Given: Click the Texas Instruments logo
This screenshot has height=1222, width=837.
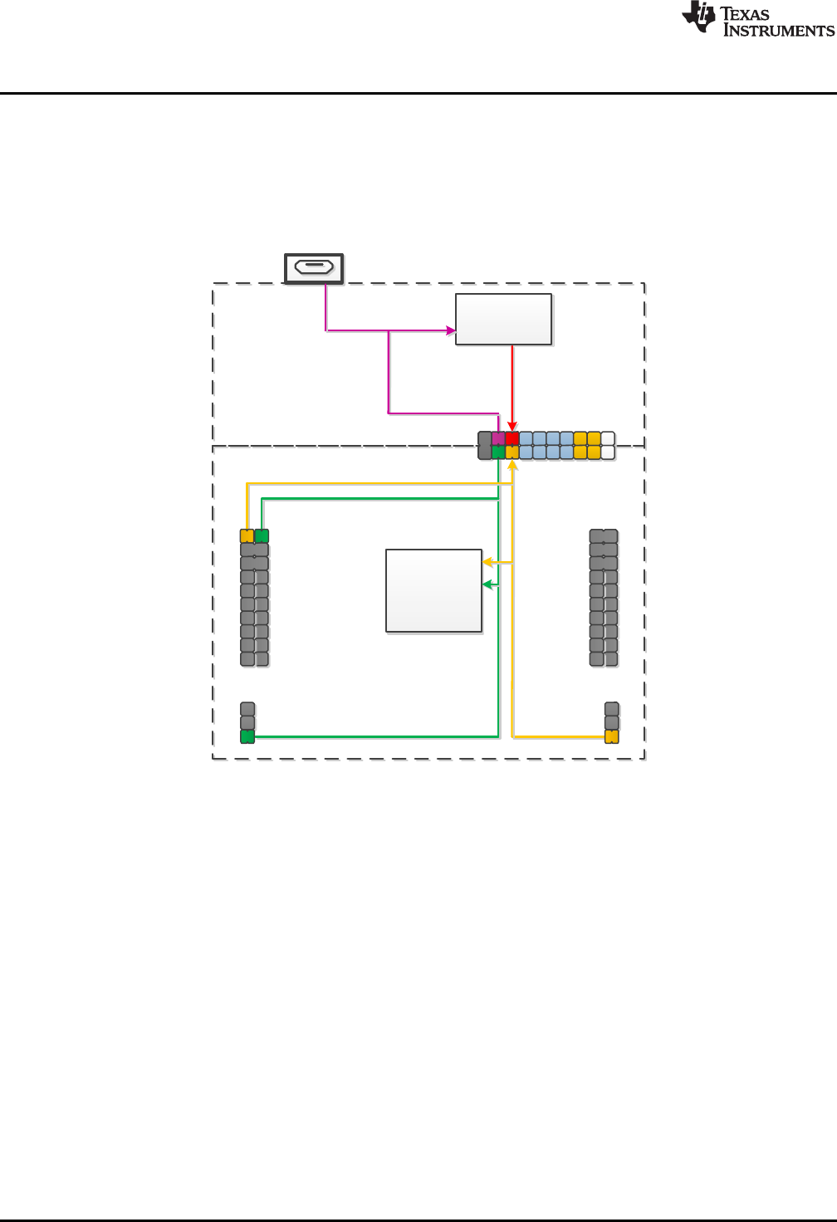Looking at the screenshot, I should [757, 19].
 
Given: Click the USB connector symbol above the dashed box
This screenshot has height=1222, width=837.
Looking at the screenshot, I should [314, 267].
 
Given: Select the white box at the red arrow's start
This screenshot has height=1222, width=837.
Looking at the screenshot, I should [503, 319].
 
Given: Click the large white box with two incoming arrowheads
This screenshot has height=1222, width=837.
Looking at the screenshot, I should [433, 590].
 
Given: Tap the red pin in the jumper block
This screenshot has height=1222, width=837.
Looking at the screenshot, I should [512, 438].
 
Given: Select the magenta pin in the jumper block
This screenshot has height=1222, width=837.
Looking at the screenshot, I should [498, 438].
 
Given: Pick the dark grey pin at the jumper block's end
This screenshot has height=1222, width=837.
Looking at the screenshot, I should [485, 445].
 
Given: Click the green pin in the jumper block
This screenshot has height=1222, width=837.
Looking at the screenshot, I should [498, 452].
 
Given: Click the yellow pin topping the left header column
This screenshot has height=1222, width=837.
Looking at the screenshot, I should [247, 536].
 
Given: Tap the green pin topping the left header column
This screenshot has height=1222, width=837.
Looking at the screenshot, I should [262, 536].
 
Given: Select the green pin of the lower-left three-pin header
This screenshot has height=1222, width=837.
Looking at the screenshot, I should [247, 736].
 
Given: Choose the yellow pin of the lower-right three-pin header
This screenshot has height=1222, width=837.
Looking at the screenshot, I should [612, 736].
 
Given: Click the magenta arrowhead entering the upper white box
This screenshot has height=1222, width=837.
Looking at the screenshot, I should [451, 330].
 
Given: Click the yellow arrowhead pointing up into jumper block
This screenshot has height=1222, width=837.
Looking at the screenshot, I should [512, 465].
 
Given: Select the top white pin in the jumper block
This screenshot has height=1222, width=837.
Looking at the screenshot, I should [608, 438].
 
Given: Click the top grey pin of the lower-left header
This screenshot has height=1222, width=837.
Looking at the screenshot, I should [247, 709].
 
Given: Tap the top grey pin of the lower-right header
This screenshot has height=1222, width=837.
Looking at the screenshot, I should [612, 709].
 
